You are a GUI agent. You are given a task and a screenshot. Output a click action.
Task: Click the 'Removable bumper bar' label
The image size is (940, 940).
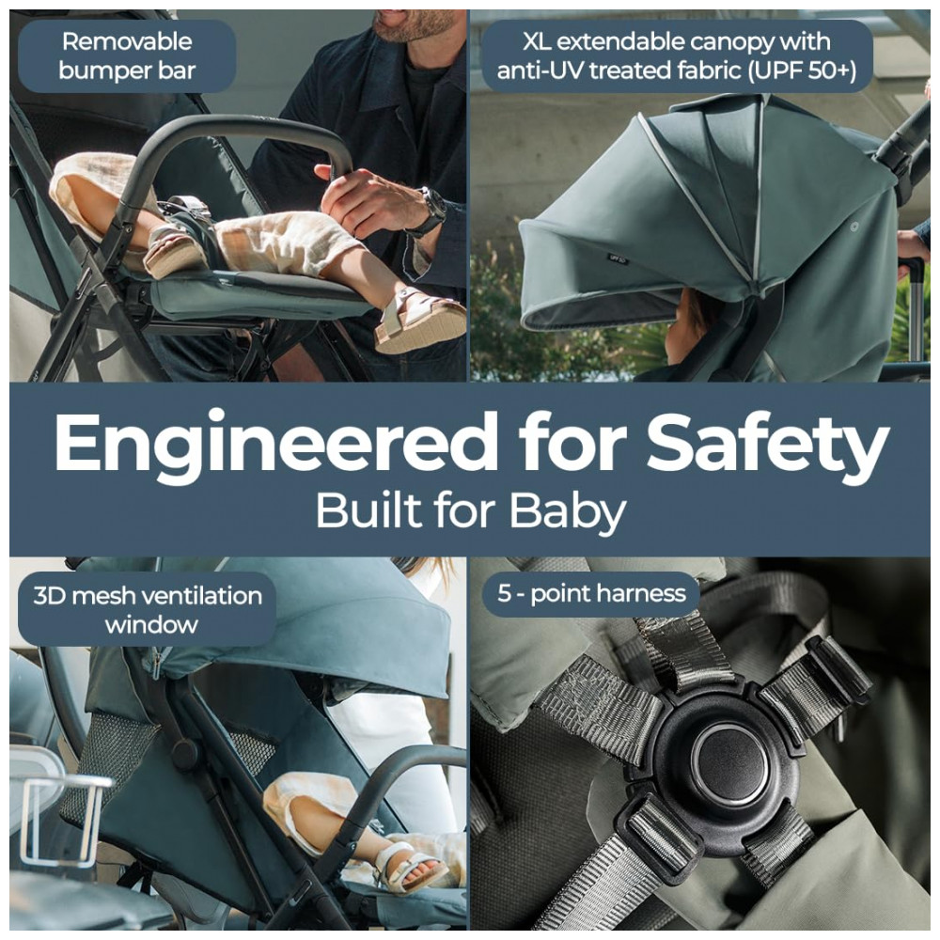click(x=127, y=55)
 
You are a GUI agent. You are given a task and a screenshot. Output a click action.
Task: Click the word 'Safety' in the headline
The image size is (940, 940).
click(x=767, y=446)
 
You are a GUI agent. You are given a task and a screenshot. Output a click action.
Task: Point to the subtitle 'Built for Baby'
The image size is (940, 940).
click(x=471, y=511)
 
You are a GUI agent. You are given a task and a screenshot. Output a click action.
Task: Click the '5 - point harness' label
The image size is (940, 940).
click(x=591, y=593)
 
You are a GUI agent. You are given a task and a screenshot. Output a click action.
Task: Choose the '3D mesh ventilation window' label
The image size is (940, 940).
click(x=148, y=609)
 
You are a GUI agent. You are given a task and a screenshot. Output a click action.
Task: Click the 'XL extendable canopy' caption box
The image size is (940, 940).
click(x=677, y=55)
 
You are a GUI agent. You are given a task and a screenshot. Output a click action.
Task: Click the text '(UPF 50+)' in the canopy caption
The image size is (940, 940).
click(x=802, y=70)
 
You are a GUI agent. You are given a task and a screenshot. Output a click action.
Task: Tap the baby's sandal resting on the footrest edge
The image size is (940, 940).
click(x=419, y=320)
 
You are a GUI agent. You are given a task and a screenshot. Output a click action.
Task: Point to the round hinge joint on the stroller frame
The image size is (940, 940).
click(x=183, y=751)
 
